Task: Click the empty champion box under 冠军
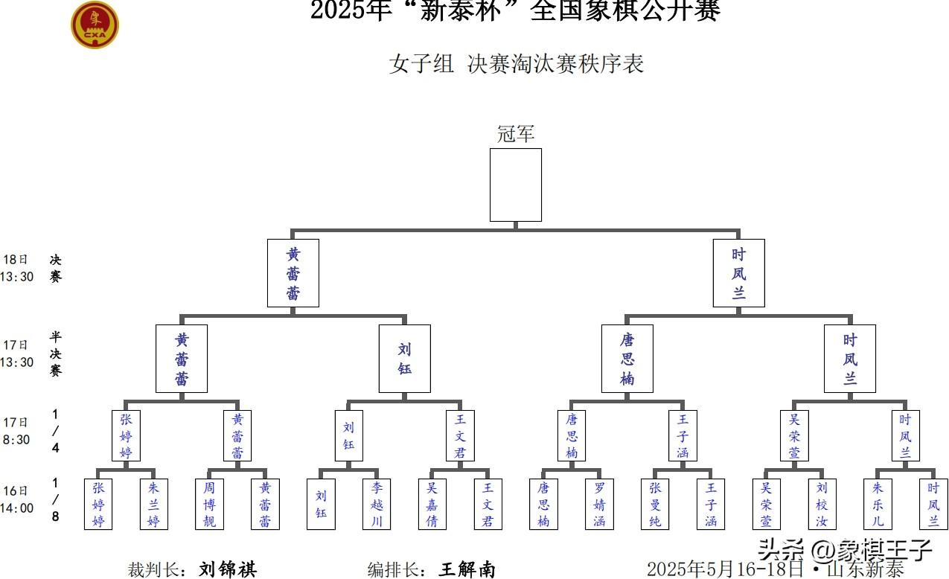pos(515,185)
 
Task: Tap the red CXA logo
pos(95,25)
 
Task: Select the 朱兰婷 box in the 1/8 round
pos(154,504)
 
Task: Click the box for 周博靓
pos(209,504)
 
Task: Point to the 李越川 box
pos(377,504)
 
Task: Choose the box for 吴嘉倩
pos(432,504)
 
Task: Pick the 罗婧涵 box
pos(599,504)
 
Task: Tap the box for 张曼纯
pos(655,504)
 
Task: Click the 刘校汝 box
pos(822,504)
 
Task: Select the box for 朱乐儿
pos(878,504)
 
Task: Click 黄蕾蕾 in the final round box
pos(293,273)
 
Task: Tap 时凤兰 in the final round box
pos(738,273)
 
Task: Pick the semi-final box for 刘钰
pos(404,359)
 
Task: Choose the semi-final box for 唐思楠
pos(627,359)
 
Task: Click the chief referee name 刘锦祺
pos(228,569)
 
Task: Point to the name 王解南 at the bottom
pos(467,569)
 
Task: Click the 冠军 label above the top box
pos(515,135)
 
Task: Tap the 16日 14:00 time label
pos(18,499)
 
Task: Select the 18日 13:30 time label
pos(18,268)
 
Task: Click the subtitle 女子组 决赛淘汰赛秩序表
pos(515,64)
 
